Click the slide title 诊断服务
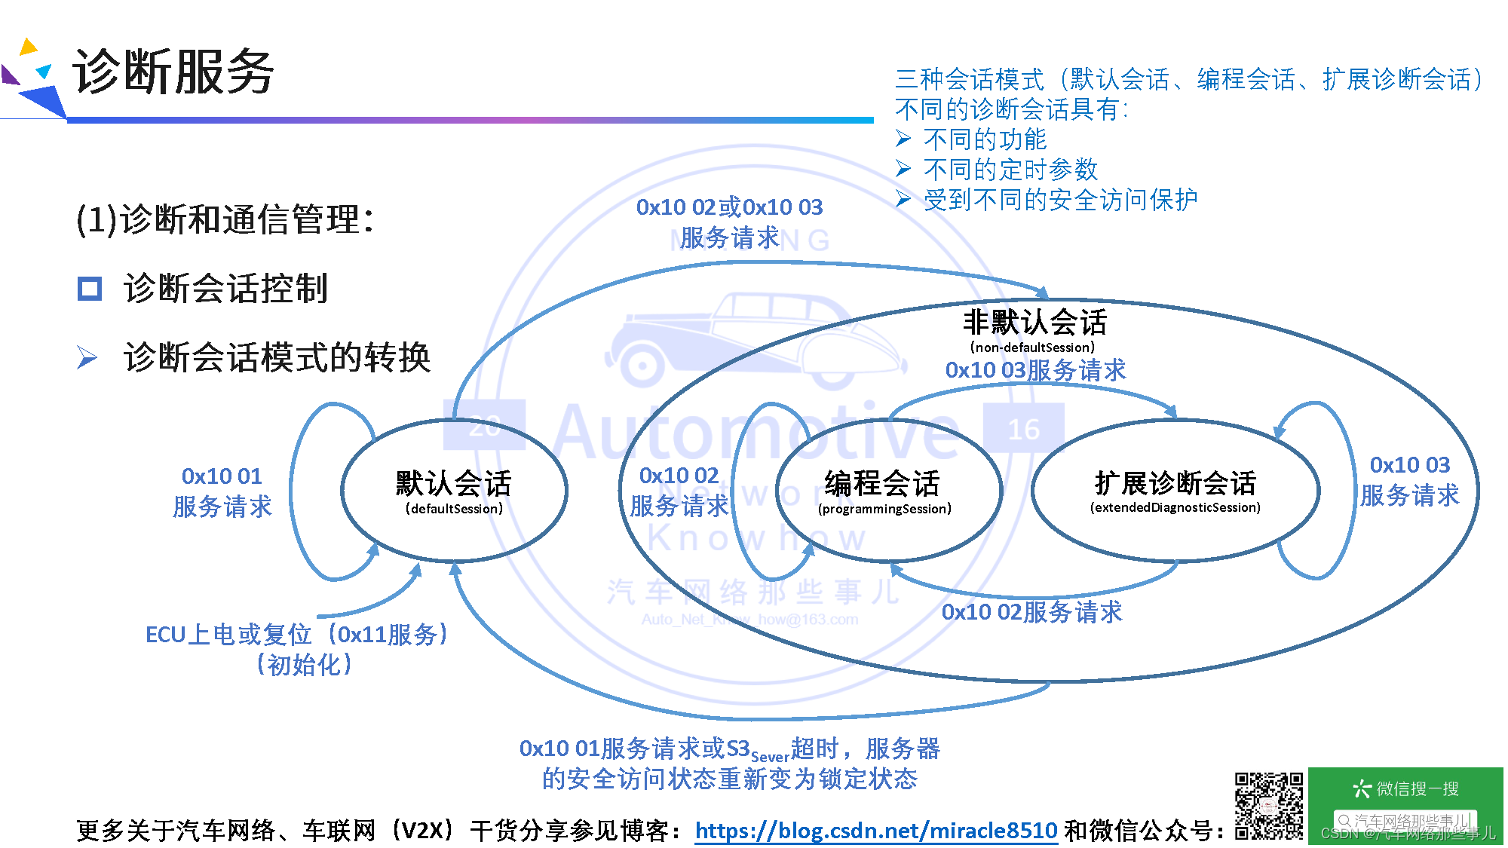point(173,72)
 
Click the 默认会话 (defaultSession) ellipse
point(454,491)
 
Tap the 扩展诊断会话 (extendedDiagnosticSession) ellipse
point(1175,491)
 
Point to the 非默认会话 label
point(1034,323)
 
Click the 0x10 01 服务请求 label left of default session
point(222,491)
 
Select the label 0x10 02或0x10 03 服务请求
point(729,222)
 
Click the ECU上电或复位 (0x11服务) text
point(297,635)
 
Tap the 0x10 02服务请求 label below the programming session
point(1031,611)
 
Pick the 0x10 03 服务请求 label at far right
point(1409,480)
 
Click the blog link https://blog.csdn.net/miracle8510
point(875,830)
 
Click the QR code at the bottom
point(1268,806)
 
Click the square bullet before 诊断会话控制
point(90,289)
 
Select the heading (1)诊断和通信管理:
point(225,220)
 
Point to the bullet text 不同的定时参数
point(1010,170)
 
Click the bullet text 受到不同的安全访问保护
point(1060,200)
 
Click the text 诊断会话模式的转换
point(277,357)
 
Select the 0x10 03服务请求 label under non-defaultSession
point(1035,370)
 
